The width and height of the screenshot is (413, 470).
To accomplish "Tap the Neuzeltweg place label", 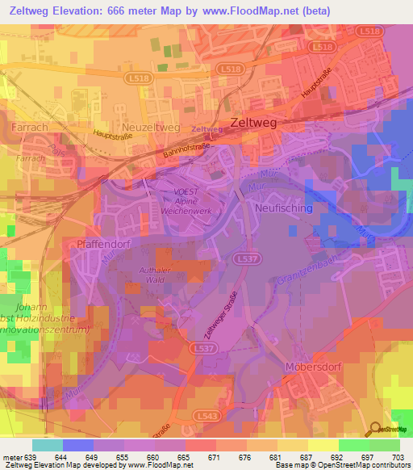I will pos(149,128).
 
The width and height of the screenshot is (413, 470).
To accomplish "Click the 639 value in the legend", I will pos(32,456).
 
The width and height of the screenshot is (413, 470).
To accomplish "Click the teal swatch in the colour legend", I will pos(48,445).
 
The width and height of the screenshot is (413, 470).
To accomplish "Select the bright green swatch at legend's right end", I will pos(385,445).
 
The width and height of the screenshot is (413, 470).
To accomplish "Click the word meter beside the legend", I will pos(12,456).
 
